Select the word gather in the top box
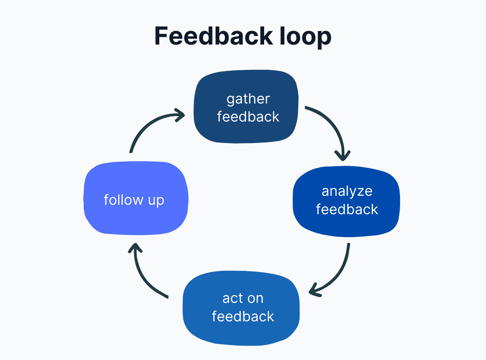pyautogui.click(x=248, y=99)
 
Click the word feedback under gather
pyautogui.click(x=248, y=117)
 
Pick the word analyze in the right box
pyautogui.click(x=347, y=191)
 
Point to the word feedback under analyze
pyautogui.click(x=347, y=209)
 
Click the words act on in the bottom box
pyautogui.click(x=243, y=298)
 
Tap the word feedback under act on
pyautogui.click(x=243, y=316)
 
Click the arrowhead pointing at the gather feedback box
pyautogui.click(x=180, y=115)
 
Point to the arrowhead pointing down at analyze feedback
pyautogui.click(x=343, y=155)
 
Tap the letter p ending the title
pyautogui.click(x=325, y=38)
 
